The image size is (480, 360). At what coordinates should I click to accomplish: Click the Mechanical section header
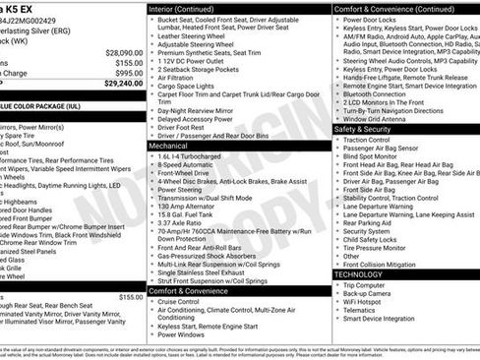pyautogui.click(x=168, y=145)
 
